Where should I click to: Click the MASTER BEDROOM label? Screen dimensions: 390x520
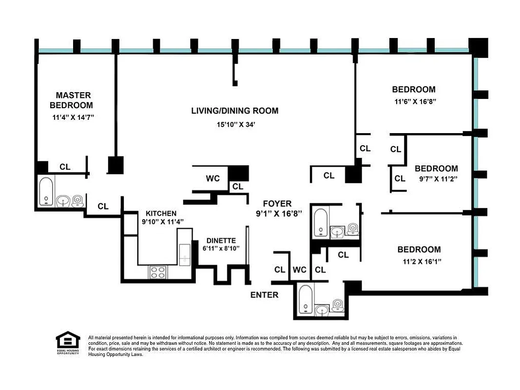(x=73, y=100)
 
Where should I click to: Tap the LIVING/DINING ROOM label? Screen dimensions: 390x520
(x=234, y=111)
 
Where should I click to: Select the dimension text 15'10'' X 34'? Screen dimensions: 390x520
(x=236, y=125)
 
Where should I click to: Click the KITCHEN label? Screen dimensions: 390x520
(x=161, y=214)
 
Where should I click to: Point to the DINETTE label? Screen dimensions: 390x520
(x=221, y=240)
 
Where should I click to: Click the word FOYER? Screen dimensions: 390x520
(x=277, y=203)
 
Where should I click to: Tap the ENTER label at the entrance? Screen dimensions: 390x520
(x=264, y=294)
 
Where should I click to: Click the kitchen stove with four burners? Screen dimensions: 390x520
(x=157, y=272)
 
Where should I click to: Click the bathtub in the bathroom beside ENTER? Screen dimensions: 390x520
(x=305, y=299)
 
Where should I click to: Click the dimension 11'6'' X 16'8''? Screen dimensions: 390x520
(x=414, y=102)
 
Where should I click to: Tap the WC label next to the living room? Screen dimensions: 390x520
(x=212, y=178)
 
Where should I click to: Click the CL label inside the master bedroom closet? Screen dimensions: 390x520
(x=65, y=167)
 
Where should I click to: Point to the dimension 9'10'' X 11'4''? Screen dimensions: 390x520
(x=162, y=222)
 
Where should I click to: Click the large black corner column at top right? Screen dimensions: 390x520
(x=478, y=47)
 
